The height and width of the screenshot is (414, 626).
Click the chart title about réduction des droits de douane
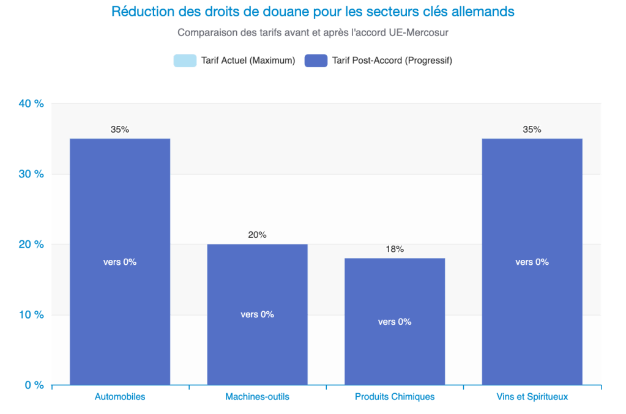click(313, 12)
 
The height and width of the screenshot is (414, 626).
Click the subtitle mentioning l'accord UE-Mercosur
click(313, 31)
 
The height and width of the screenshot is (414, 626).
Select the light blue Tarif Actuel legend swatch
click(185, 61)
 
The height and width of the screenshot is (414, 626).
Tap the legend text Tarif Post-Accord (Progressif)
click(392, 61)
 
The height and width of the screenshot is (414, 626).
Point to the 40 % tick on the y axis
click(31, 103)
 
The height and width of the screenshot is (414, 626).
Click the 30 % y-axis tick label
click(31, 174)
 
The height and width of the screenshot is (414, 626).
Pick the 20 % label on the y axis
click(31, 245)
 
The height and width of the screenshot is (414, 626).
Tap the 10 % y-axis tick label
click(31, 315)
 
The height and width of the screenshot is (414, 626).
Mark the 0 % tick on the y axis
click(33, 385)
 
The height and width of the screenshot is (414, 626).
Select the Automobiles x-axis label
click(120, 397)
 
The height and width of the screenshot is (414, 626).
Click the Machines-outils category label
click(257, 397)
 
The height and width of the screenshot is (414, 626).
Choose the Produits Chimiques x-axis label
click(395, 397)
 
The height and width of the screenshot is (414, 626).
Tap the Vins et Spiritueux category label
click(532, 397)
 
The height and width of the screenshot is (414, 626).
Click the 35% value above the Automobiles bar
click(120, 130)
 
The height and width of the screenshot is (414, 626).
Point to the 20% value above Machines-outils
click(257, 235)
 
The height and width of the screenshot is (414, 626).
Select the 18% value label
click(395, 249)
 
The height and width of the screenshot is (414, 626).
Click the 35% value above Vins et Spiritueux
click(532, 130)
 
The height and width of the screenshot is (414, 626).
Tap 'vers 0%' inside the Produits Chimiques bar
click(395, 322)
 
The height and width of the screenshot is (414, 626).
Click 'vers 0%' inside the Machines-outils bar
click(257, 314)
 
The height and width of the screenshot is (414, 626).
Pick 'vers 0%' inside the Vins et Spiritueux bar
click(532, 262)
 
